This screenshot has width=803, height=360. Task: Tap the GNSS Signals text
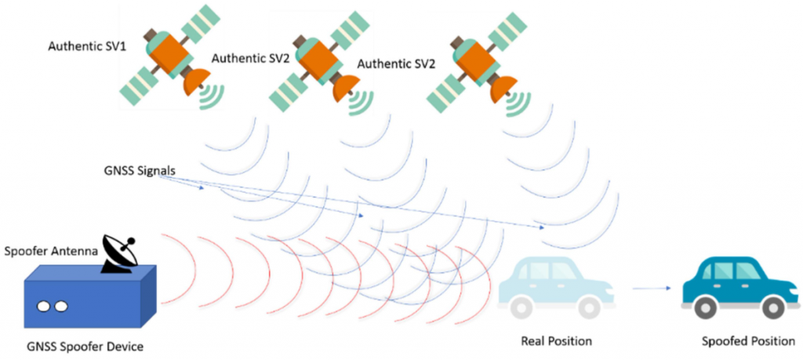(x=139, y=170)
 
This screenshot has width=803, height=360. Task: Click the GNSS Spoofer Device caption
(x=85, y=347)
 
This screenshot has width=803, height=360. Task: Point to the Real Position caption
(x=556, y=340)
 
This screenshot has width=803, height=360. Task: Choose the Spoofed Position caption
(x=748, y=340)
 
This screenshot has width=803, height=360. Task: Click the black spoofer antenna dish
(x=122, y=252)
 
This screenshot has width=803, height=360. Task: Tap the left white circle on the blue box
(x=44, y=307)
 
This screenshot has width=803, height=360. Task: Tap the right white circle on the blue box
(x=61, y=307)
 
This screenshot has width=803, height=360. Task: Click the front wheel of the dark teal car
(x=772, y=308)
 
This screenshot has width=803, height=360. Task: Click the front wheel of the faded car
(x=589, y=308)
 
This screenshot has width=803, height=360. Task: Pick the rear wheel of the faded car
(x=522, y=308)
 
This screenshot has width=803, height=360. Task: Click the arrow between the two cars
(x=652, y=289)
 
